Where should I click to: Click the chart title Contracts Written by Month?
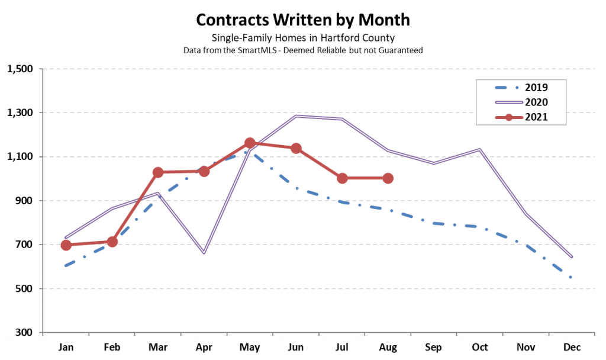tap(302, 20)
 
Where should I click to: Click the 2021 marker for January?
tap(66, 245)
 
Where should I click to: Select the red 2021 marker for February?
tap(112, 242)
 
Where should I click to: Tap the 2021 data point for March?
tap(158, 172)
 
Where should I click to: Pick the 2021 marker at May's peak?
tap(250, 143)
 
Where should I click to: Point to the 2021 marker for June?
tap(296, 148)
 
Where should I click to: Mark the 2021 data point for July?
tap(342, 178)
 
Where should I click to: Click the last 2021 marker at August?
tap(388, 178)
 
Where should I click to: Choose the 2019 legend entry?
tap(520, 88)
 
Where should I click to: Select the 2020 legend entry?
tap(520, 102)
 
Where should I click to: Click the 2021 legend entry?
tap(520, 117)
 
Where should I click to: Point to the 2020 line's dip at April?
tap(204, 253)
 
